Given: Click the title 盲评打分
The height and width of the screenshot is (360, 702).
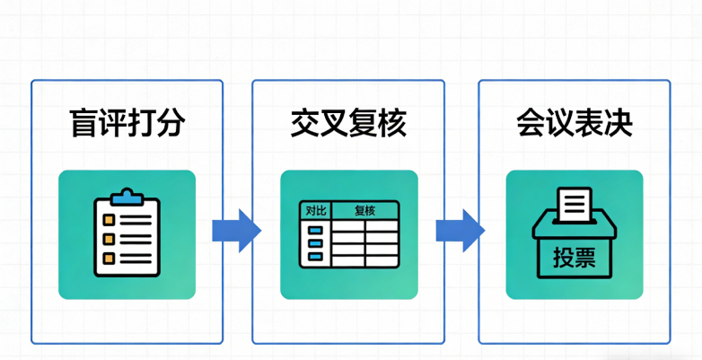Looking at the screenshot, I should (127, 122).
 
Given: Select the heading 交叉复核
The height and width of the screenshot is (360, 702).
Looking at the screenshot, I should (348, 122).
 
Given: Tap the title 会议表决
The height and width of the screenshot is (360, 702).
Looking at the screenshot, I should (574, 122).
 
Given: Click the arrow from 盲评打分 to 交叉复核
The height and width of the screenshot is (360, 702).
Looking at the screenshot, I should (235, 231).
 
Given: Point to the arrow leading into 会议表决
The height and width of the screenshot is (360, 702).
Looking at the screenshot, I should (460, 231).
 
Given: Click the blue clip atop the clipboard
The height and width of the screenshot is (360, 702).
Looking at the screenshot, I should (127, 195).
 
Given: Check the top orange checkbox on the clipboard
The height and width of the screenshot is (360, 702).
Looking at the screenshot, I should (109, 219).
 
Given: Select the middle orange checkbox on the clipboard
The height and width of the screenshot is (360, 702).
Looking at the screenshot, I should (109, 239).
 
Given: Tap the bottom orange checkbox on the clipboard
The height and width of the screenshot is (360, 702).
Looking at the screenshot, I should (109, 258).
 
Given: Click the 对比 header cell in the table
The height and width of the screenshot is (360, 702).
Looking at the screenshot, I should (315, 211).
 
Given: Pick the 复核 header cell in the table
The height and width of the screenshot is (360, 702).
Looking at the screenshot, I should (364, 211).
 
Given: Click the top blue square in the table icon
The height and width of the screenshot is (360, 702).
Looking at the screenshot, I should (315, 230).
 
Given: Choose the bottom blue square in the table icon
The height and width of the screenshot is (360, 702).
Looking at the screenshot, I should (315, 257).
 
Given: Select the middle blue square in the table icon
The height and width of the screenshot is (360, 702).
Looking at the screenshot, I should (315, 243).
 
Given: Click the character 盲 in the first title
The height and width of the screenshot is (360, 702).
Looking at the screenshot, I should (83, 122).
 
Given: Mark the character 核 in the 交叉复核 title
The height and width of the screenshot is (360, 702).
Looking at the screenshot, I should (391, 122).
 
